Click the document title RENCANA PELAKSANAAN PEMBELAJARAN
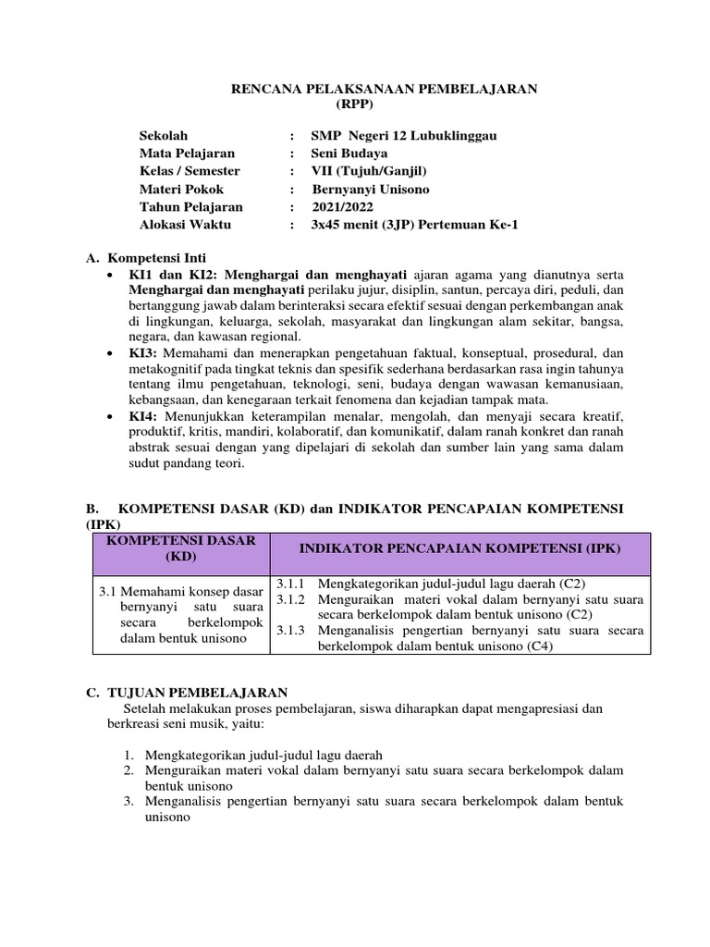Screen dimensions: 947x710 coord(384,88)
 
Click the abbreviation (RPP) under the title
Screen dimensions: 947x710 coord(384,104)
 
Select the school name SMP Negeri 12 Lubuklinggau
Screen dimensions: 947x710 coord(404,136)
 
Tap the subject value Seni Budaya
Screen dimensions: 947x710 coord(349,154)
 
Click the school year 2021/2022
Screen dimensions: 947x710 coord(343,207)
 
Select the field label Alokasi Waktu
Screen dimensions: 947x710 coord(185,225)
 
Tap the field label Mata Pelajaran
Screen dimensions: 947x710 coord(187,154)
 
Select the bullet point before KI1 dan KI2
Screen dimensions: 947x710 coord(111,276)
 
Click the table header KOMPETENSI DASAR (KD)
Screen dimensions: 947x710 coord(181,548)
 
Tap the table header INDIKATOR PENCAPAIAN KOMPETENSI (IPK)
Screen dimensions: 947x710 coord(459,548)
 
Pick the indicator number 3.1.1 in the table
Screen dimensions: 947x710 coord(292,584)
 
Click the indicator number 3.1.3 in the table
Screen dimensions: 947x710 coord(292,631)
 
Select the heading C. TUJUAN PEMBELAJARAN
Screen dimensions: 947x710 coord(186,693)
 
